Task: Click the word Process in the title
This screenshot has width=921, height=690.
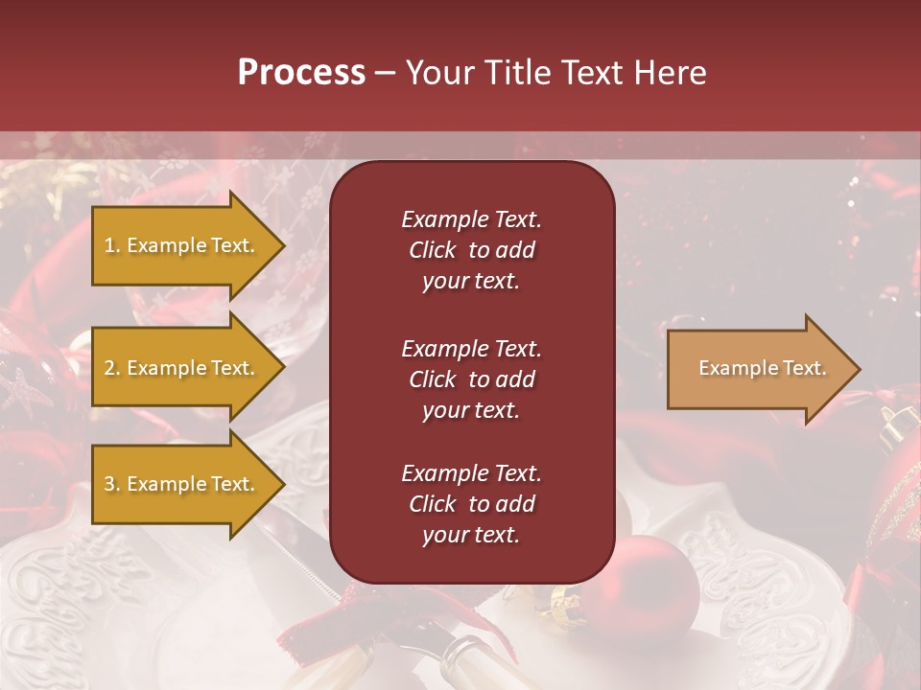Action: pos(301,73)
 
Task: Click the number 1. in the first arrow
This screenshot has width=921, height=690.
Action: pos(112,245)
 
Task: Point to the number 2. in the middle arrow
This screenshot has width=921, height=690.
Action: pos(112,368)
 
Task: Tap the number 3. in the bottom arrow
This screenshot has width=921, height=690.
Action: pos(112,484)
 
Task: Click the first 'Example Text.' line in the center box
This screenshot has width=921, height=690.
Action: pos(471,219)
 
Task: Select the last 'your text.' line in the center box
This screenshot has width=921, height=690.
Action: pos(471,535)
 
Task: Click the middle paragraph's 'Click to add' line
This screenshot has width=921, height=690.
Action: pos(471,379)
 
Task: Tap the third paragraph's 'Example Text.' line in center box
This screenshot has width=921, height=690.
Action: pos(471,473)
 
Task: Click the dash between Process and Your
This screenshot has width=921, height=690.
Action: pos(385,73)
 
